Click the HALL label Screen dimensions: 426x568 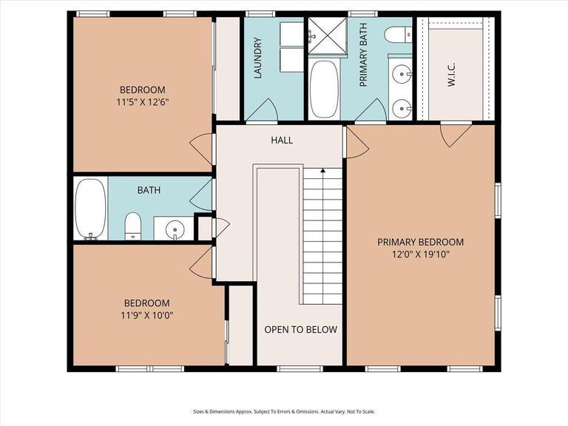click(x=282, y=140)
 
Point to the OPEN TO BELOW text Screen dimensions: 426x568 click(x=300, y=330)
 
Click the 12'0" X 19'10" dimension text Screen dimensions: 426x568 click(x=420, y=254)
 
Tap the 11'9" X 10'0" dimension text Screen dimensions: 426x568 click(x=146, y=315)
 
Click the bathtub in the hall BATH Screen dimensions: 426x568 click(x=91, y=209)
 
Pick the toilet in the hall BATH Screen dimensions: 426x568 click(x=133, y=225)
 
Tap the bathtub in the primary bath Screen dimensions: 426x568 click(x=322, y=89)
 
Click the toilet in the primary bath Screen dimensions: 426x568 click(x=399, y=35)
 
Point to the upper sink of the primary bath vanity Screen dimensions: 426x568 click(x=402, y=73)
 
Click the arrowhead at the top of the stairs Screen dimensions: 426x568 click(x=322, y=172)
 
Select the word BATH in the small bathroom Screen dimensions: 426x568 click(x=149, y=190)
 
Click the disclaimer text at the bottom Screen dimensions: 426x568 click(x=284, y=411)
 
